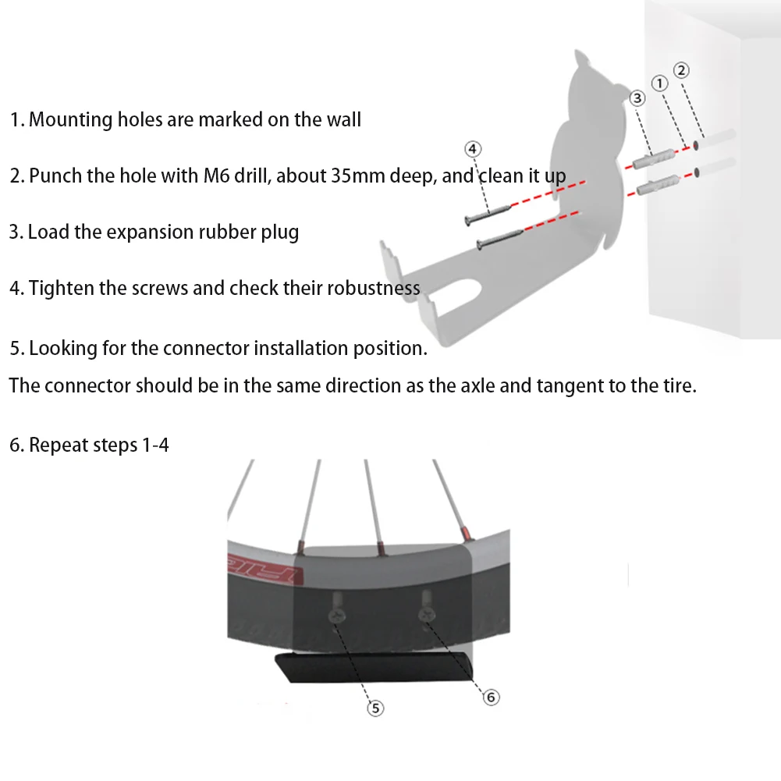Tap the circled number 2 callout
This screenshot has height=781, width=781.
681,70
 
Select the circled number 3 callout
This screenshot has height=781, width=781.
637,98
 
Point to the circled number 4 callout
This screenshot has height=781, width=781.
473,148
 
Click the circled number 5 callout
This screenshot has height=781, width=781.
376,708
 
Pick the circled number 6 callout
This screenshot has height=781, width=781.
491,698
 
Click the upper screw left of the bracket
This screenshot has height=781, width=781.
488,212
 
